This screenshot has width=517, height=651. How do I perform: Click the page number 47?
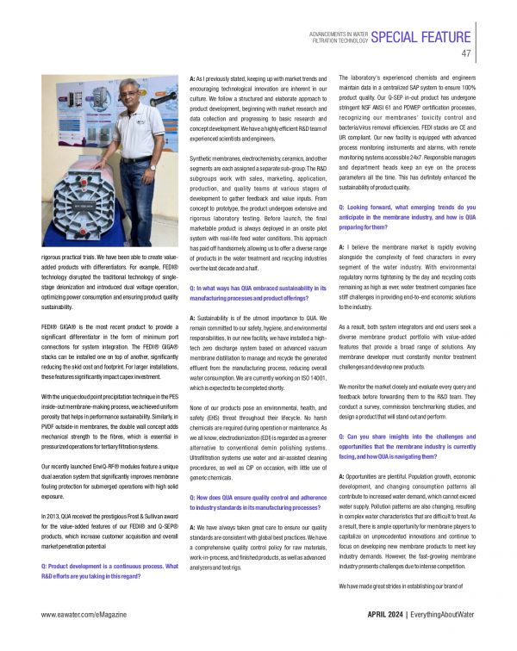click(x=466, y=53)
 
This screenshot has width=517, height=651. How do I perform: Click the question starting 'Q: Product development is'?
click(x=109, y=571)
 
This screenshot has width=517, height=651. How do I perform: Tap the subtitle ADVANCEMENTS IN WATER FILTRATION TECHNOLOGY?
click(x=339, y=35)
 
